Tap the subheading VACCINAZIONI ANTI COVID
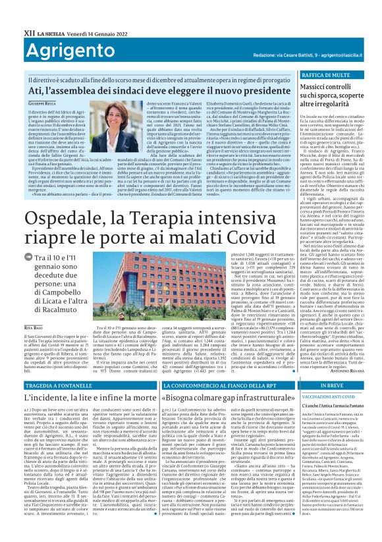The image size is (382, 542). click(331, 396)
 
